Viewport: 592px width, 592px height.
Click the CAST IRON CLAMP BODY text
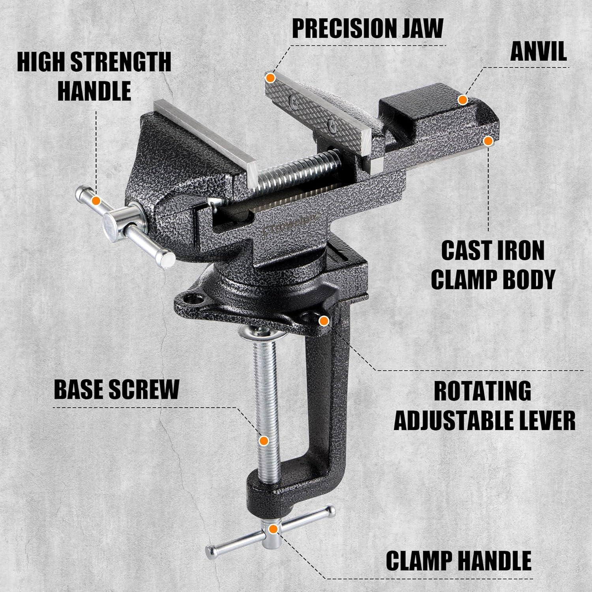[x=493, y=264]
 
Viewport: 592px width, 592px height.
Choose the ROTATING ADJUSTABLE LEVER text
[x=485, y=405]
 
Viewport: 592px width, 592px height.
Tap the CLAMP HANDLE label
[x=458, y=559]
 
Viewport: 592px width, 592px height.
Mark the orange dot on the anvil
[x=463, y=99]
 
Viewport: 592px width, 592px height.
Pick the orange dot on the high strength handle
[x=95, y=201]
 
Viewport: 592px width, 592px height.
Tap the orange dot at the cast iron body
[x=489, y=141]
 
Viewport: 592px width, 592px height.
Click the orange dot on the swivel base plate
[x=324, y=321]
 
